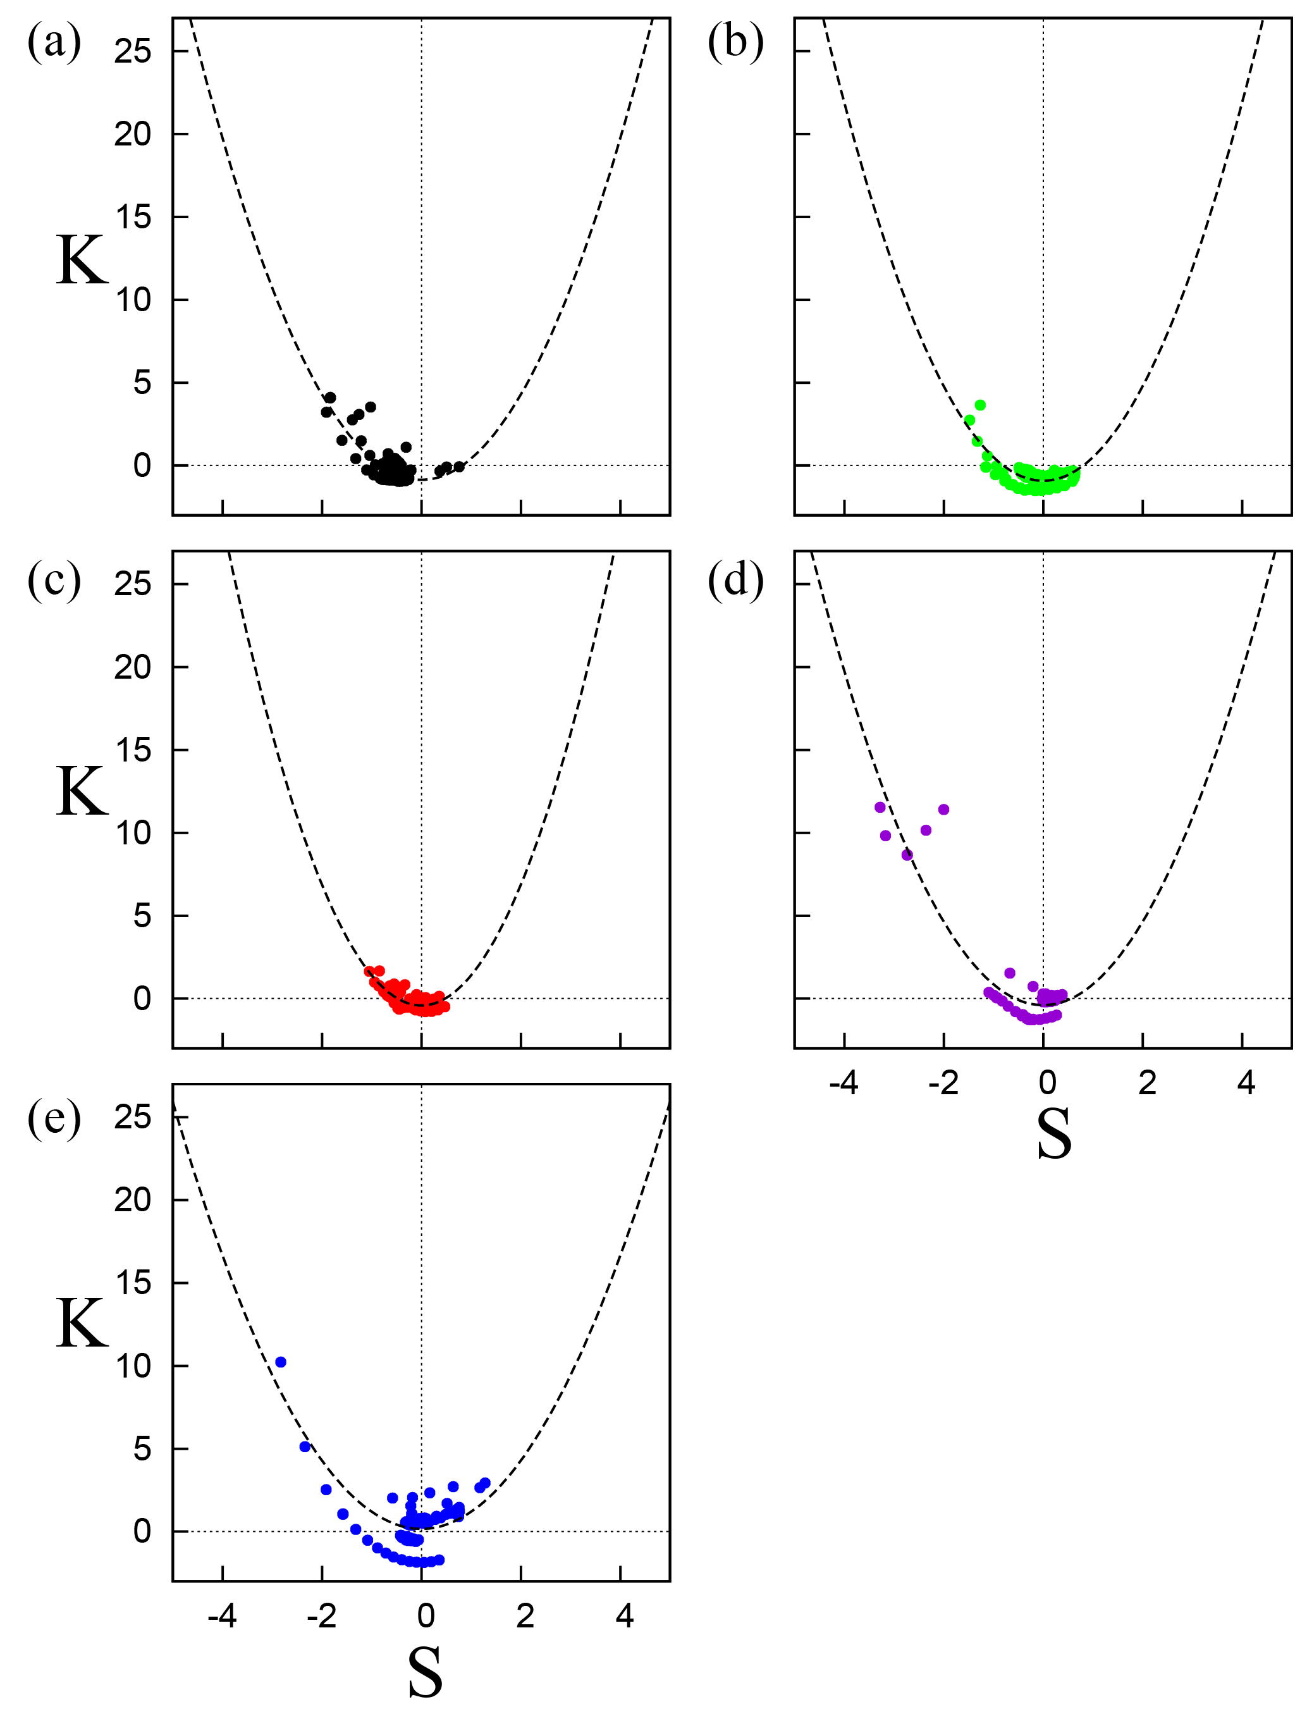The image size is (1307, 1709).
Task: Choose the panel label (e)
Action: tap(54, 1118)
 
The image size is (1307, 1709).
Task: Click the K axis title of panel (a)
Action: tap(82, 260)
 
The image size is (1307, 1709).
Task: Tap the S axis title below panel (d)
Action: tap(1054, 1134)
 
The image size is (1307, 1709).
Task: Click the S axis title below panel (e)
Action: tap(425, 1672)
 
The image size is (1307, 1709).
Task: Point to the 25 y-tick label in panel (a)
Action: tap(132, 51)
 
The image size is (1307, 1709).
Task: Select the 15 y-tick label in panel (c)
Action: tap(132, 750)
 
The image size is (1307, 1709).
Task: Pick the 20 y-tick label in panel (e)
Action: tap(132, 1200)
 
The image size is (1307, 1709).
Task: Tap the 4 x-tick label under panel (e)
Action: tap(624, 1617)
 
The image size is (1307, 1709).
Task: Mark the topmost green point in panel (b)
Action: tap(980, 405)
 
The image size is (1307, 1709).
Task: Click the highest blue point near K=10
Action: tap(281, 1362)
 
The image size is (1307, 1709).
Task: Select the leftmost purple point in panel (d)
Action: tap(880, 807)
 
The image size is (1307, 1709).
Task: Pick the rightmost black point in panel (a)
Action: tap(459, 466)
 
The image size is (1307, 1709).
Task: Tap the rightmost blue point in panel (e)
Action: tap(485, 1483)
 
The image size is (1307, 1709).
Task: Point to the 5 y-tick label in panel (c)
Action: tap(141, 916)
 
